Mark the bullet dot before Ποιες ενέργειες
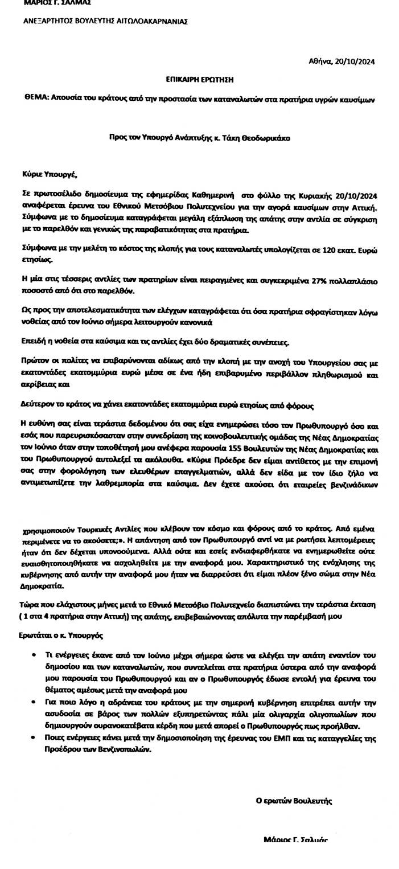click(36, 738)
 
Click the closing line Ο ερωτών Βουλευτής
click(294, 801)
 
